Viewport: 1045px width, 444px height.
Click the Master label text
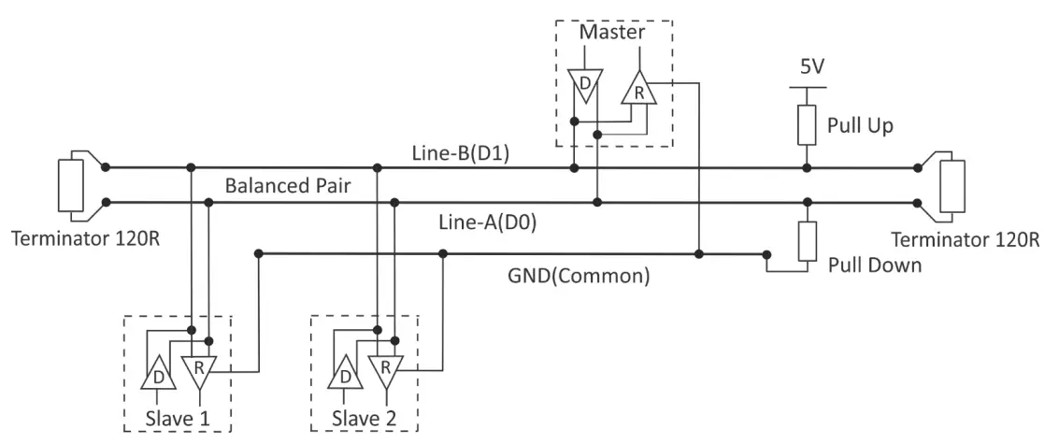point(613,33)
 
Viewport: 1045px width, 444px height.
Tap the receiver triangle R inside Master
point(638,91)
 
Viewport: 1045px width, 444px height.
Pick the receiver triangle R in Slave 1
point(197,370)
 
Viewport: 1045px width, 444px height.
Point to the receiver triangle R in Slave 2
point(385,370)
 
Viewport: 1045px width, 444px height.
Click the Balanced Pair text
point(287,185)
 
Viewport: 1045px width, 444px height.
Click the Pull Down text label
point(875,265)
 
